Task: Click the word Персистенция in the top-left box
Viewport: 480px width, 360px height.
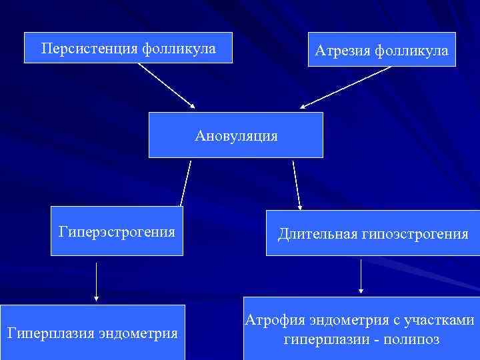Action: point(88,49)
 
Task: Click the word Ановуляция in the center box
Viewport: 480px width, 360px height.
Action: point(236,136)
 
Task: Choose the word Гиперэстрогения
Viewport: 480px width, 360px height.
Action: point(117,232)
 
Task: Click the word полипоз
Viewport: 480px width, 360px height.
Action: point(417,339)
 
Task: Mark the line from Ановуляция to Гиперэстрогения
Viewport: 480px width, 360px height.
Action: point(185,183)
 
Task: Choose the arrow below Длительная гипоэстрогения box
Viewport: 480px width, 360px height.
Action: point(361,276)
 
